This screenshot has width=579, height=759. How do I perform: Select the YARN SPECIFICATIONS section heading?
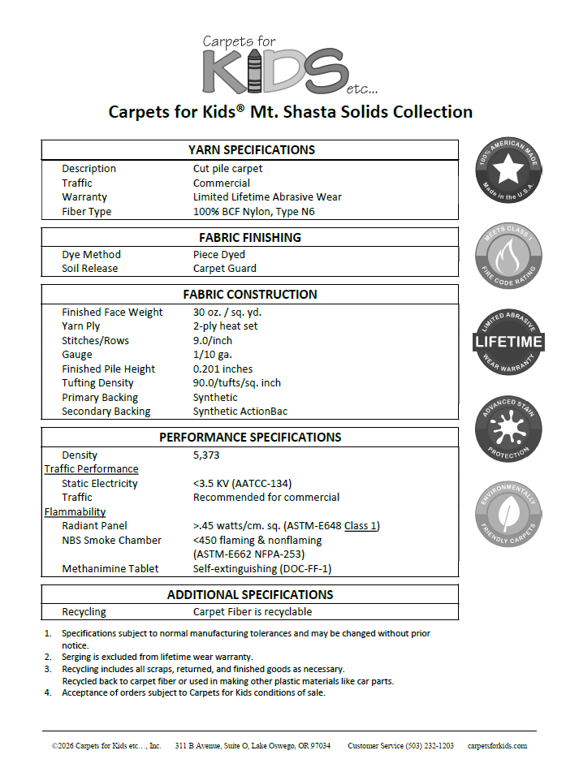[x=251, y=150]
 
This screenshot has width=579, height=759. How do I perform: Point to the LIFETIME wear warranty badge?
[x=508, y=342]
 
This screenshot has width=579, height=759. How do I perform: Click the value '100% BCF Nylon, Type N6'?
[x=253, y=212]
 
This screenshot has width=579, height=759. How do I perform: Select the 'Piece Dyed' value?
[x=218, y=255]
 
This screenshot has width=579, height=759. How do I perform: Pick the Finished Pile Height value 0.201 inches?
[x=223, y=369]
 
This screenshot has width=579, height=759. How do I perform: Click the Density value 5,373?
[x=206, y=455]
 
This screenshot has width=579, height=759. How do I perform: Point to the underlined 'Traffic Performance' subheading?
[x=91, y=469]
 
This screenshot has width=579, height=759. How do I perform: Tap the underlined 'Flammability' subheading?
[x=75, y=512]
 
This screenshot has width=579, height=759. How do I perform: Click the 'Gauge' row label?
[x=77, y=355]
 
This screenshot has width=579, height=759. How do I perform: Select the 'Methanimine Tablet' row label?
[x=110, y=569]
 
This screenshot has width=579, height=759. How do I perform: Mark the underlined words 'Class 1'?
[x=361, y=526]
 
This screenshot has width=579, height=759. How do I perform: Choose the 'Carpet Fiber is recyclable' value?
[x=252, y=612]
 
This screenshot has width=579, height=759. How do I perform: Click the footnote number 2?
[x=47, y=657]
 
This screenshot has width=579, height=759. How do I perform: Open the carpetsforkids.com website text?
[x=497, y=745]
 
